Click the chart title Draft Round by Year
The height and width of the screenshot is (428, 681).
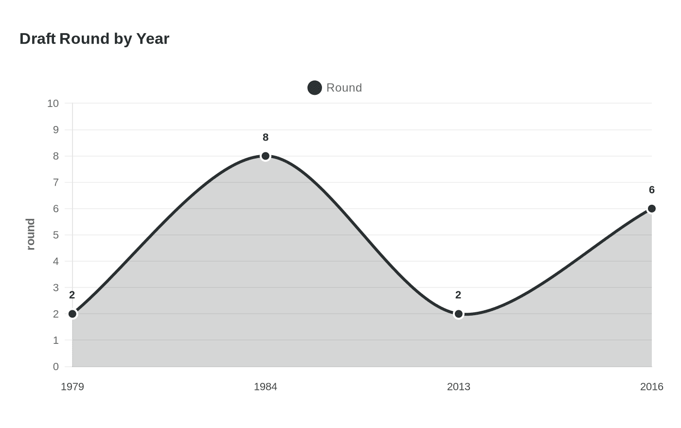pyautogui.click(x=94, y=38)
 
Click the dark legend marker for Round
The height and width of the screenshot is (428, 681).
pyautogui.click(x=315, y=88)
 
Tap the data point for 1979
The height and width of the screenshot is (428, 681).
pyautogui.click(x=72, y=314)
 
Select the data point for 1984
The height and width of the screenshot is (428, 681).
pyautogui.click(x=266, y=156)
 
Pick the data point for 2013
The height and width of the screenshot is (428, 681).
pyautogui.click(x=458, y=314)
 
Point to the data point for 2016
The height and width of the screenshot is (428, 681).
pyautogui.click(x=651, y=209)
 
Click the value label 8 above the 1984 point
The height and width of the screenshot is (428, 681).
pyautogui.click(x=266, y=138)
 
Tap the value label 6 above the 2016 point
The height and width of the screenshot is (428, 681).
pyautogui.click(x=651, y=190)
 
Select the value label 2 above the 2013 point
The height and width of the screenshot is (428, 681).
pyautogui.click(x=458, y=295)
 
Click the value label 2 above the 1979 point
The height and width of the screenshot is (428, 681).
pyautogui.click(x=72, y=295)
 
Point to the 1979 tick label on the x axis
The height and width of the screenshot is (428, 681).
pyautogui.click(x=72, y=387)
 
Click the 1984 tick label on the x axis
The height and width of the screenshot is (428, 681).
pyautogui.click(x=266, y=387)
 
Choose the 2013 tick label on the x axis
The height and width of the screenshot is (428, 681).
pyautogui.click(x=458, y=387)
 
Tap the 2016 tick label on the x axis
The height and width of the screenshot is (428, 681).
pyautogui.click(x=651, y=387)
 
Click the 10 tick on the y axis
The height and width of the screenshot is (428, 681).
pyautogui.click(x=53, y=104)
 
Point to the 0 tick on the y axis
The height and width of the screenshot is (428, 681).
pyautogui.click(x=56, y=367)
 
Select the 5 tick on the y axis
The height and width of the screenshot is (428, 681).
pyautogui.click(x=56, y=235)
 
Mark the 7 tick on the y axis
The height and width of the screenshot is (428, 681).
pyautogui.click(x=56, y=182)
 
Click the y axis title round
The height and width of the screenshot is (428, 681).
pyautogui.click(x=31, y=234)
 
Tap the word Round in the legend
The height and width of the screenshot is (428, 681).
pyautogui.click(x=344, y=88)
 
